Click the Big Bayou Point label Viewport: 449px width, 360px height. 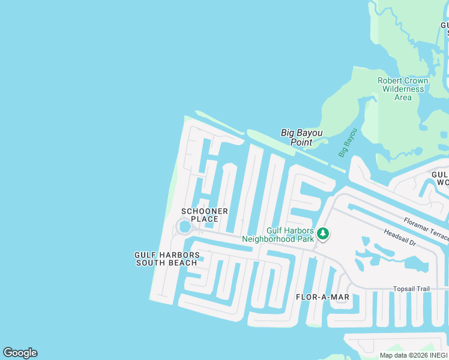tap(301, 137)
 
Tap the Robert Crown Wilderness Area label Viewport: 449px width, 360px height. tap(403, 89)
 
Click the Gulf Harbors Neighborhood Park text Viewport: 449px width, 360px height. tap(290, 235)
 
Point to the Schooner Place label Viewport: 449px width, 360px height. tap(205, 215)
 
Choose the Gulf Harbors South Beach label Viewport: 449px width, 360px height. tap(166, 259)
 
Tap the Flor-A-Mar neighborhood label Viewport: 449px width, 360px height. tap(323, 297)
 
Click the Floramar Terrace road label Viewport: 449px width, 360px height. tap(426, 230)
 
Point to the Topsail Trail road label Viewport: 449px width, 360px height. tap(411, 289)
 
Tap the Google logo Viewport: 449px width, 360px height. tap(20, 353)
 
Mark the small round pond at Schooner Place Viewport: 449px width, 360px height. tap(184, 227)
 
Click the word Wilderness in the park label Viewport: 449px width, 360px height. tap(403, 89)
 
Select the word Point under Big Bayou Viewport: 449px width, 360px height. tap(301, 142)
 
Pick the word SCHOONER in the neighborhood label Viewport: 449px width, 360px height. tap(205, 211)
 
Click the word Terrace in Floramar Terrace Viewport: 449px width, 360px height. tap(438, 236)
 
